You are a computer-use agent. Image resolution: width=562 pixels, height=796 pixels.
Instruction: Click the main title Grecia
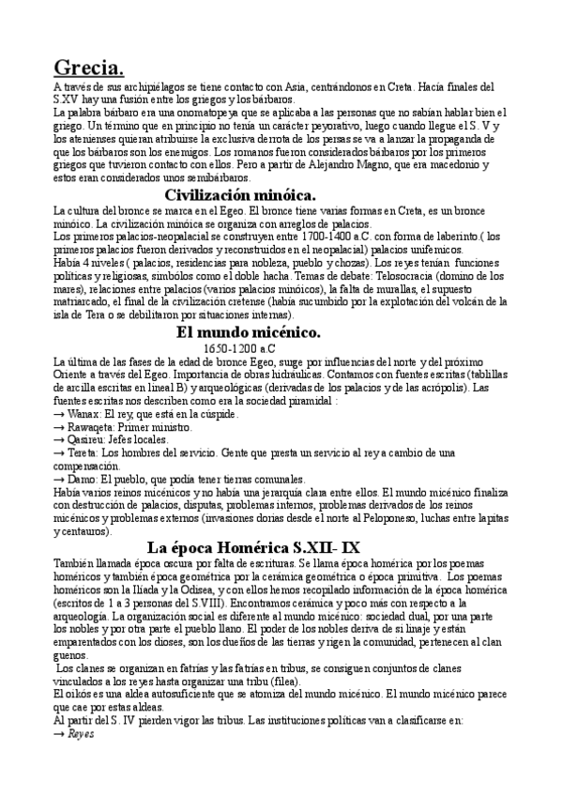point(89,67)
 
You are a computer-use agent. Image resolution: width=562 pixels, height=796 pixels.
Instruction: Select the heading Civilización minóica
point(240,194)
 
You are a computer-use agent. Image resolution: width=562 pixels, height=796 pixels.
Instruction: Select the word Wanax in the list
point(84,414)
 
